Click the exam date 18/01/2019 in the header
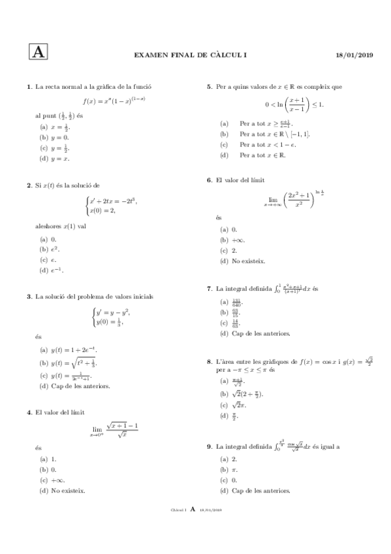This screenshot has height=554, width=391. (x=354, y=56)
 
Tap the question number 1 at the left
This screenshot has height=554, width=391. (x=29, y=87)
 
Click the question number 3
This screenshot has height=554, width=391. (x=29, y=297)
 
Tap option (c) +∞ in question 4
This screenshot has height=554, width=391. (x=50, y=480)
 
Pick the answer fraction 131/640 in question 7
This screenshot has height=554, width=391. (x=236, y=302)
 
